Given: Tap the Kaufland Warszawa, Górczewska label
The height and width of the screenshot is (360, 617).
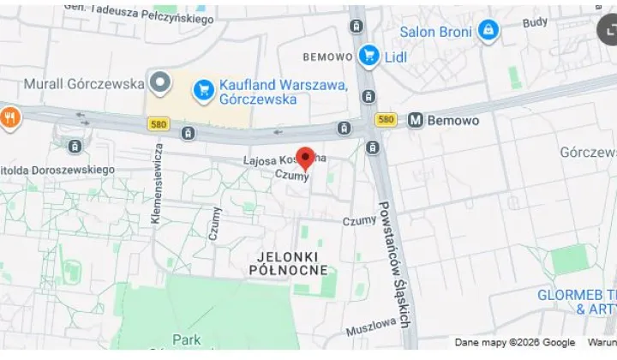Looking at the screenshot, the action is coord(282,92).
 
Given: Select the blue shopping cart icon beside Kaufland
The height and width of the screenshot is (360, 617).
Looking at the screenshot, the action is coord(203,88).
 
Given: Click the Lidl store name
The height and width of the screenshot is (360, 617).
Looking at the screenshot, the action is coord(396,57).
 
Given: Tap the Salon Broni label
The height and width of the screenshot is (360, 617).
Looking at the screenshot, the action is coord(435,32).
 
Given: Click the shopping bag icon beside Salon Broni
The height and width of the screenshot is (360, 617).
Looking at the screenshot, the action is coord(488,31).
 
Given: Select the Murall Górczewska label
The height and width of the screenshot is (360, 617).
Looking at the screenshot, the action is coord(83,84).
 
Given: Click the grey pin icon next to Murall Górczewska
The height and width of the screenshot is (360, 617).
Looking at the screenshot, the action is coord(159,83).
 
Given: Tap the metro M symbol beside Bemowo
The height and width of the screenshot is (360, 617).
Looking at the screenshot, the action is coord(416,120).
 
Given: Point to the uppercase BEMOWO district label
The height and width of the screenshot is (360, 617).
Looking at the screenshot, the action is coord(327,57).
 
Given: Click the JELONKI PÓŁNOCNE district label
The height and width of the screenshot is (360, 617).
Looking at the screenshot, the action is coord(288,263).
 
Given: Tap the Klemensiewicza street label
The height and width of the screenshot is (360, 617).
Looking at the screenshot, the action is coord(158,183).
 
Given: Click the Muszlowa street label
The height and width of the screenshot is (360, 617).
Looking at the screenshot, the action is coord(372,326).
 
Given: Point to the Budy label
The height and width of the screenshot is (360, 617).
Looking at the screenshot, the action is coord(535,22).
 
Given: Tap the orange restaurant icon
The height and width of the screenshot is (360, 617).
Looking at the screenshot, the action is coord(9,117).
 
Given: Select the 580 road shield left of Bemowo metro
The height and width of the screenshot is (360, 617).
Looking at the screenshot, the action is coord(386,120).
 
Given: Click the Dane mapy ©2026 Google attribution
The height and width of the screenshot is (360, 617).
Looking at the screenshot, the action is coord(514,343).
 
